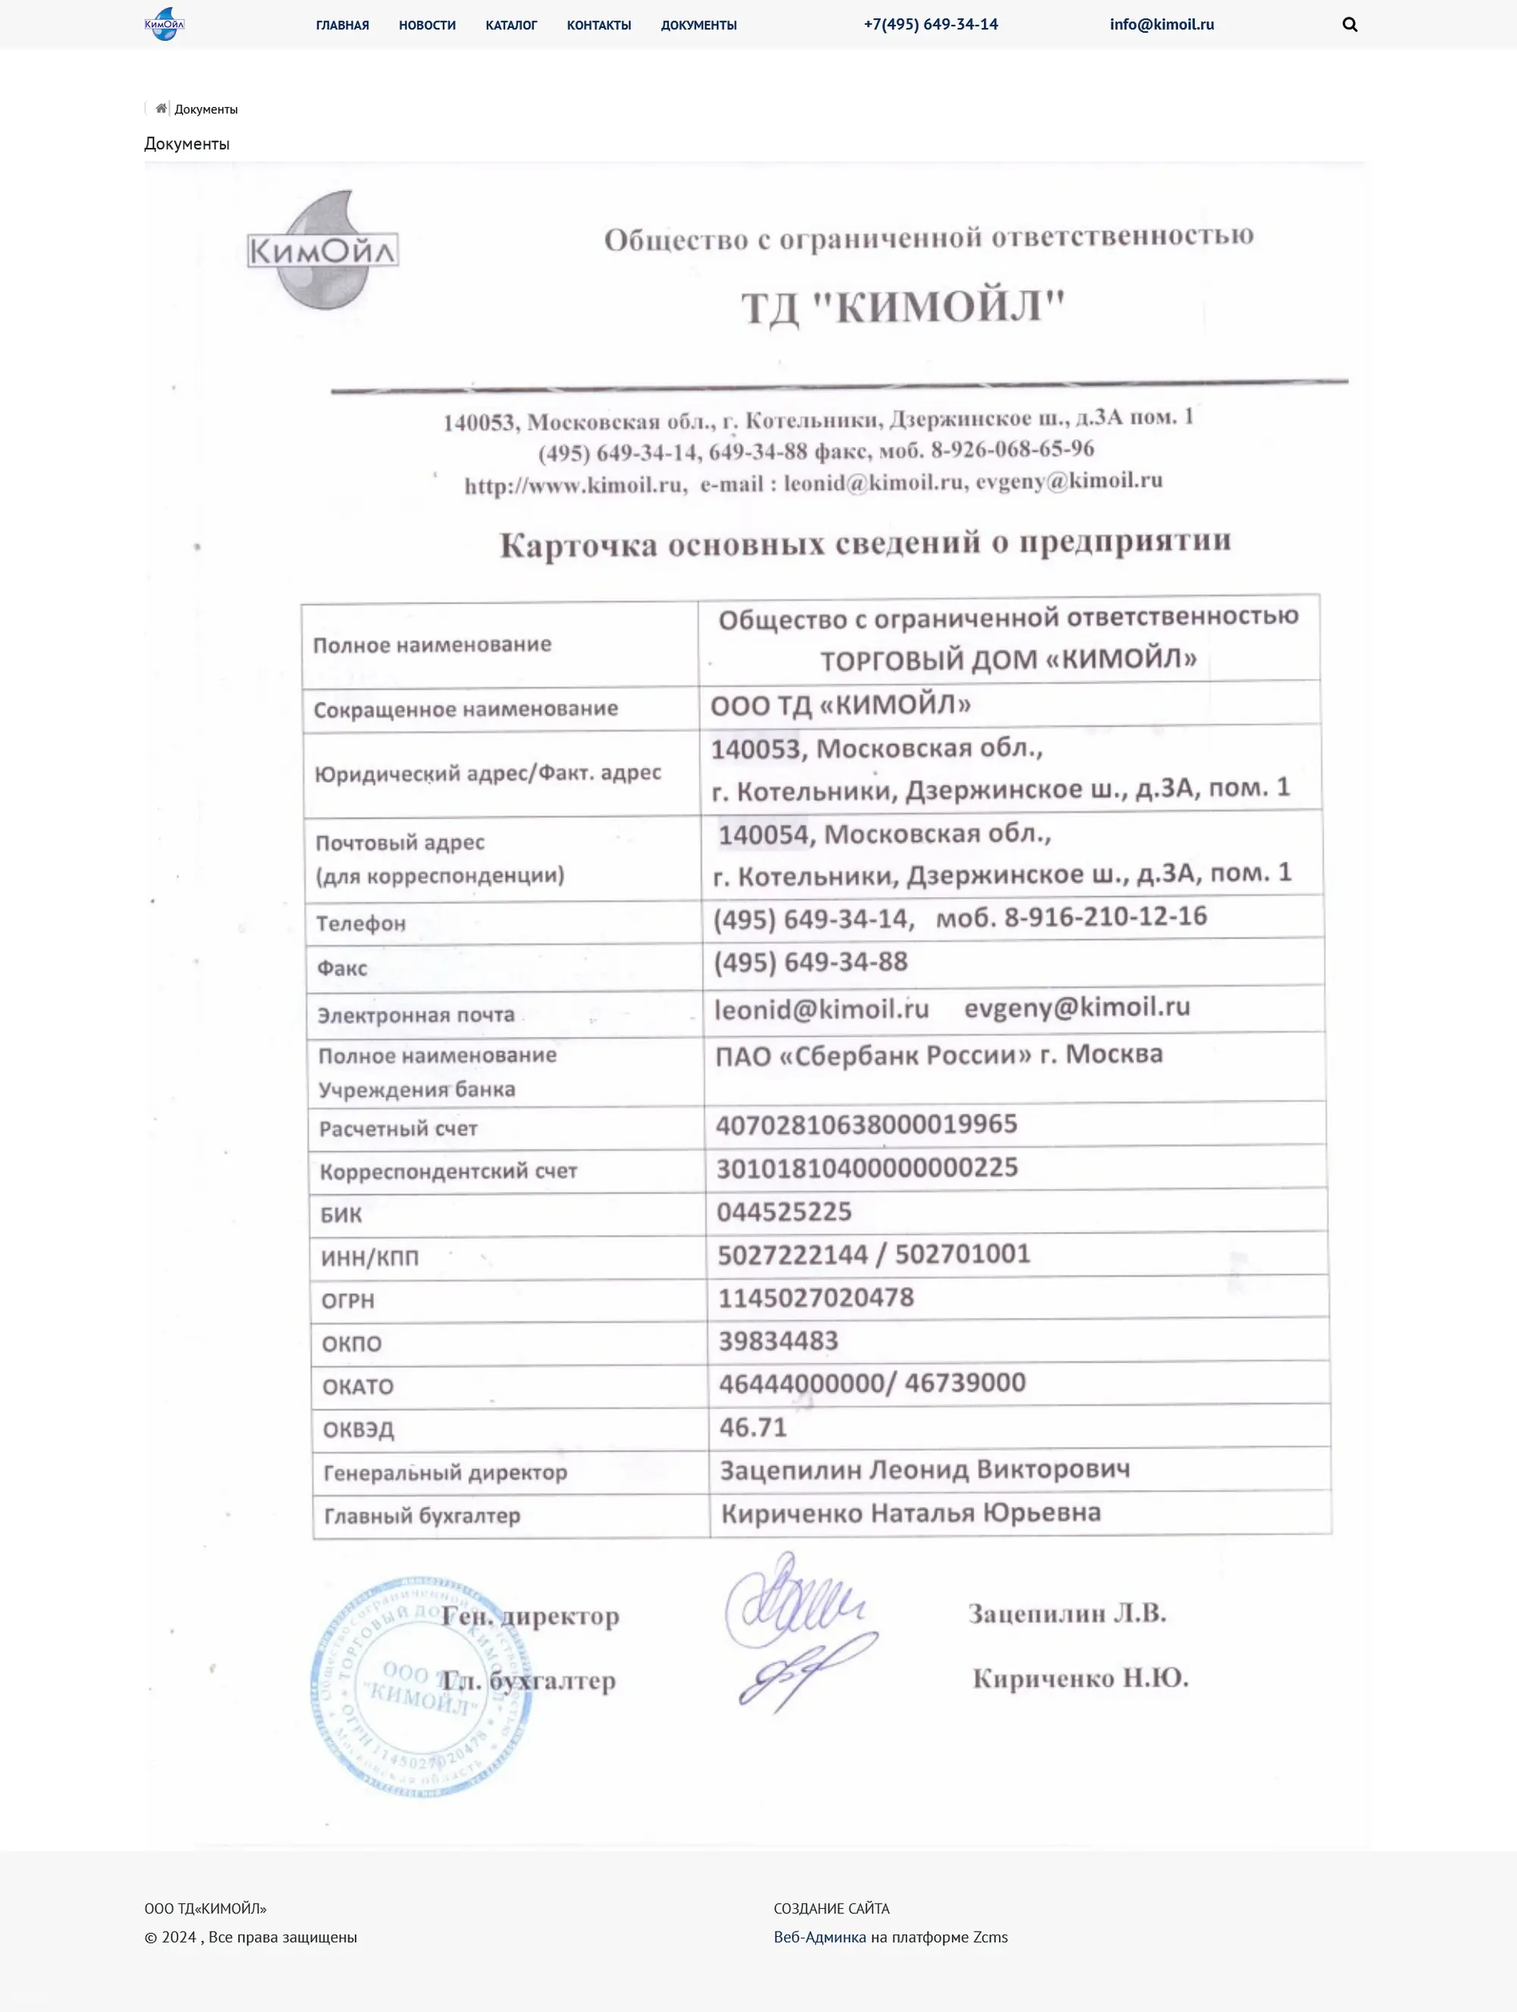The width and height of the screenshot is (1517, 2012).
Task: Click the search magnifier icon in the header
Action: pos(1349,24)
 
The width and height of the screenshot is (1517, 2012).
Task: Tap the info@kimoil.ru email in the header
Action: pos(1161,24)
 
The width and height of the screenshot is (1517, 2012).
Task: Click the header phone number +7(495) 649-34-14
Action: pos(931,24)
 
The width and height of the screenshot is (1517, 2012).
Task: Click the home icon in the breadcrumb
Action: pos(161,109)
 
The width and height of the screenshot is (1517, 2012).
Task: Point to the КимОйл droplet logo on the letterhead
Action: pos(323,250)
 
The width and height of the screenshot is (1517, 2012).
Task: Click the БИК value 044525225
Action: pos(784,1212)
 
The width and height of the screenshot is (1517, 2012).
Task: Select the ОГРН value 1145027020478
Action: pos(816,1297)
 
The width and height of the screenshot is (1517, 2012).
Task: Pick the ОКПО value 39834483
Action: pos(778,1341)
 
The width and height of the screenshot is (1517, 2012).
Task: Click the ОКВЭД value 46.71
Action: pos(753,1427)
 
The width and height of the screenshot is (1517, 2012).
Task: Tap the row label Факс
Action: pos(342,968)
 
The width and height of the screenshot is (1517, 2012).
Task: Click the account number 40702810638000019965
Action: pos(865,1124)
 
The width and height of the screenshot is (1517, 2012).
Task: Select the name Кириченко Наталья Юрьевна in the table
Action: pos(910,1513)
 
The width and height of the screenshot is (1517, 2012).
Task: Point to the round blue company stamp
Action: pos(420,1686)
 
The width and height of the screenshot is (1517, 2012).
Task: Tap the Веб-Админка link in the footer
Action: pos(819,1936)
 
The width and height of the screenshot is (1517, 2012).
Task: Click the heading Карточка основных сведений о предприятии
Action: pos(865,543)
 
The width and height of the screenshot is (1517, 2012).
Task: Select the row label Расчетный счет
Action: pos(398,1129)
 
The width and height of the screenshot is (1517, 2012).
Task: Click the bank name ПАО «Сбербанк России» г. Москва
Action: pos(938,1055)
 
